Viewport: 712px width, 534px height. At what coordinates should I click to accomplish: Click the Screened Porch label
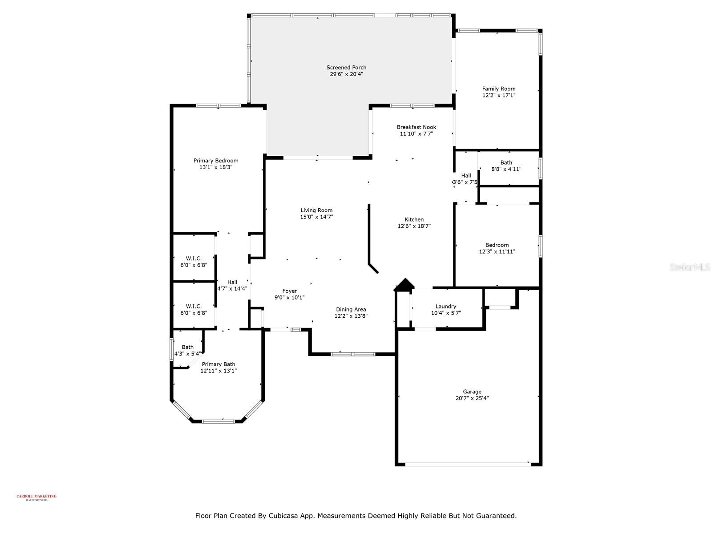tap(346, 68)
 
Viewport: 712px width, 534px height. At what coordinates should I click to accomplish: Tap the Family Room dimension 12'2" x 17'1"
tap(499, 95)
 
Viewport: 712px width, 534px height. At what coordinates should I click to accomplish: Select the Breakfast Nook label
tap(417, 127)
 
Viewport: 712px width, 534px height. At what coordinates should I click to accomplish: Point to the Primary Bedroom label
tap(216, 161)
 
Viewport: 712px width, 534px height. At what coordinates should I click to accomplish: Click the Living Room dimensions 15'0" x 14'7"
tap(316, 217)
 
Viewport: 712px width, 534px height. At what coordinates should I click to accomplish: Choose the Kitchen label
tap(414, 219)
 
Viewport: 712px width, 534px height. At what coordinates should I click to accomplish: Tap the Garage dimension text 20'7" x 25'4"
tap(472, 399)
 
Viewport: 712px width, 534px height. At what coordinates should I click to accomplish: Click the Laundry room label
tap(446, 306)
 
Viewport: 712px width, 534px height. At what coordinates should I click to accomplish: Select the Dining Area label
tap(351, 309)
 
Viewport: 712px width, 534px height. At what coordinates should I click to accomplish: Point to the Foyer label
tap(290, 291)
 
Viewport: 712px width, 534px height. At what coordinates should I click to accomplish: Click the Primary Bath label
tap(218, 364)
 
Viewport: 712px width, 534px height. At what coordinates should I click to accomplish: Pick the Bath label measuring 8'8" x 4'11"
tap(506, 162)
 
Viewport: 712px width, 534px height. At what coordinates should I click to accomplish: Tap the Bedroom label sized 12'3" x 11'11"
tap(497, 245)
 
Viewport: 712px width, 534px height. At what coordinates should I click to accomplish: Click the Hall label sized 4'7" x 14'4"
tap(232, 282)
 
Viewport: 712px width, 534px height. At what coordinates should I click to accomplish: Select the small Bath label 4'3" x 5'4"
tap(187, 347)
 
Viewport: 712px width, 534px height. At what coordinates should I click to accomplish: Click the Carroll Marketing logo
tap(36, 497)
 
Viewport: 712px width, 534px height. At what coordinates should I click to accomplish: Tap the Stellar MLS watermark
tap(690, 267)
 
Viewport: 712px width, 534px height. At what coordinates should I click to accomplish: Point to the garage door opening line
tap(467, 464)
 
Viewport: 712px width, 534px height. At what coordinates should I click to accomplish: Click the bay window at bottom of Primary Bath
tap(218, 421)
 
